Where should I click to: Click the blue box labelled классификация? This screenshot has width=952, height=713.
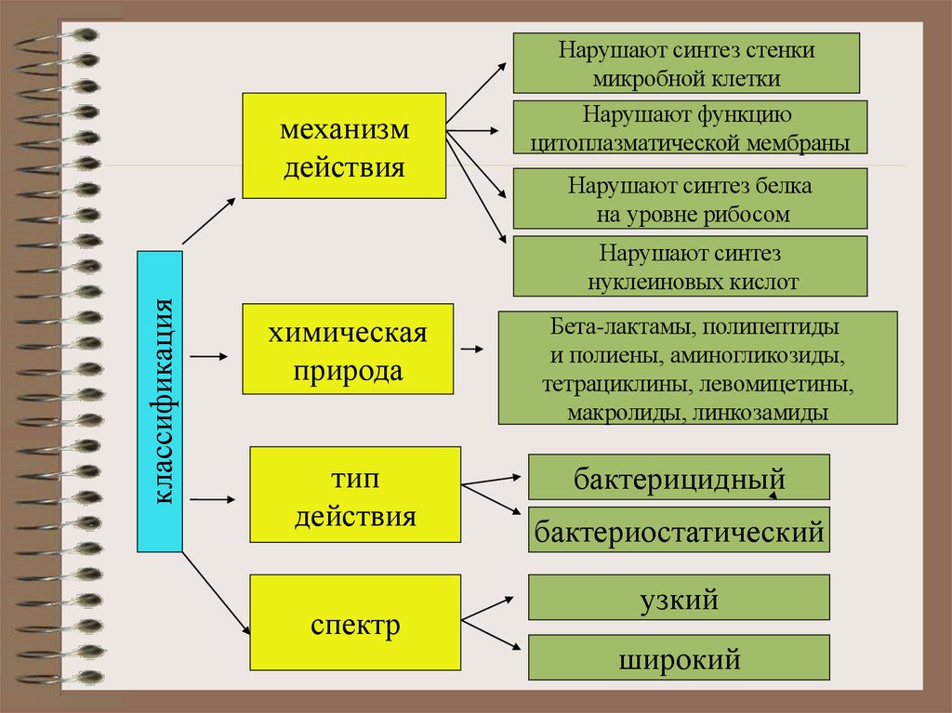point(159,401)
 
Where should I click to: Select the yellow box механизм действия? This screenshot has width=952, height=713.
point(345,145)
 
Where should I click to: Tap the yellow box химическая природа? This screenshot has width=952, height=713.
point(348,349)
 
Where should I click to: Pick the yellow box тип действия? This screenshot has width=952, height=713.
point(356,495)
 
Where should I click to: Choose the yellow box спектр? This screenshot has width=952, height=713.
point(356,623)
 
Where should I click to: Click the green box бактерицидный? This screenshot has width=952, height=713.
point(679,478)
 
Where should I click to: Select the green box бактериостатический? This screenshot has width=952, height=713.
point(679,532)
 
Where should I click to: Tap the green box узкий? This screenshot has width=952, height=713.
point(679,598)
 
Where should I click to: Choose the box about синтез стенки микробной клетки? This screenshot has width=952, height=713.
point(686,63)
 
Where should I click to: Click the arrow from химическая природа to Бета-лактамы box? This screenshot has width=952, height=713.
point(471,350)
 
